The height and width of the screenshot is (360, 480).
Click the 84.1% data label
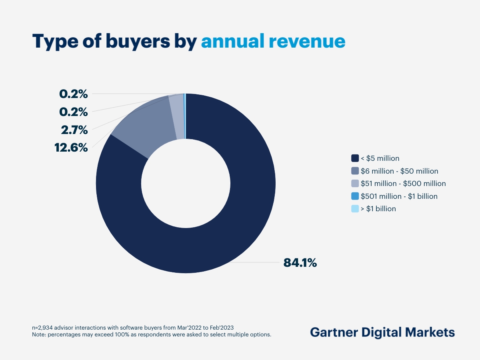[x=300, y=263]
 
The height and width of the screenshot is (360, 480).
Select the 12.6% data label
[x=71, y=148]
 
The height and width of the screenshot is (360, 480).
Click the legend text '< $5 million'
[x=380, y=158]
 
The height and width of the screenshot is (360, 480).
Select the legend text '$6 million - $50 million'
[x=399, y=171]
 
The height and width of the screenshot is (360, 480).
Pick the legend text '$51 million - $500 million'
[x=403, y=184]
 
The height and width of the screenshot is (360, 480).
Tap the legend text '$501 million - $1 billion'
[x=399, y=196]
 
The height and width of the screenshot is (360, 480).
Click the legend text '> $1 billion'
[x=378, y=209]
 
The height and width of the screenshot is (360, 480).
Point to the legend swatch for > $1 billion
[x=355, y=209]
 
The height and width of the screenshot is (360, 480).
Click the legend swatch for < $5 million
[x=355, y=158]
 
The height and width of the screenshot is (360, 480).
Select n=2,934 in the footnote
[x=44, y=328]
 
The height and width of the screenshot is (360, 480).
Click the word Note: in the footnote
[x=39, y=335]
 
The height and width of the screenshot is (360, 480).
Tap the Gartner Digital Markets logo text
[x=382, y=332]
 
